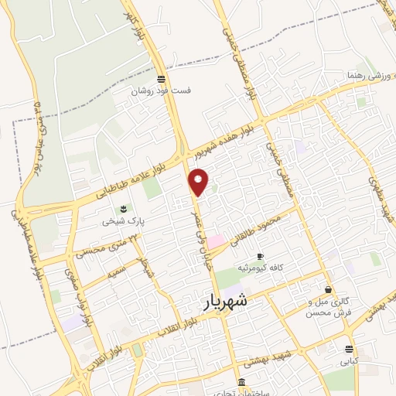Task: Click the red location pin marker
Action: click(199, 181)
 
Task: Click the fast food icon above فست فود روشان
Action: click(160, 79)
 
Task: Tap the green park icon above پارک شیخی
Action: click(122, 209)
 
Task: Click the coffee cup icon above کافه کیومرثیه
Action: click(260, 256)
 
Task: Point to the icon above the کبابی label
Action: click(350, 350)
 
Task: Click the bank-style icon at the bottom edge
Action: click(242, 383)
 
